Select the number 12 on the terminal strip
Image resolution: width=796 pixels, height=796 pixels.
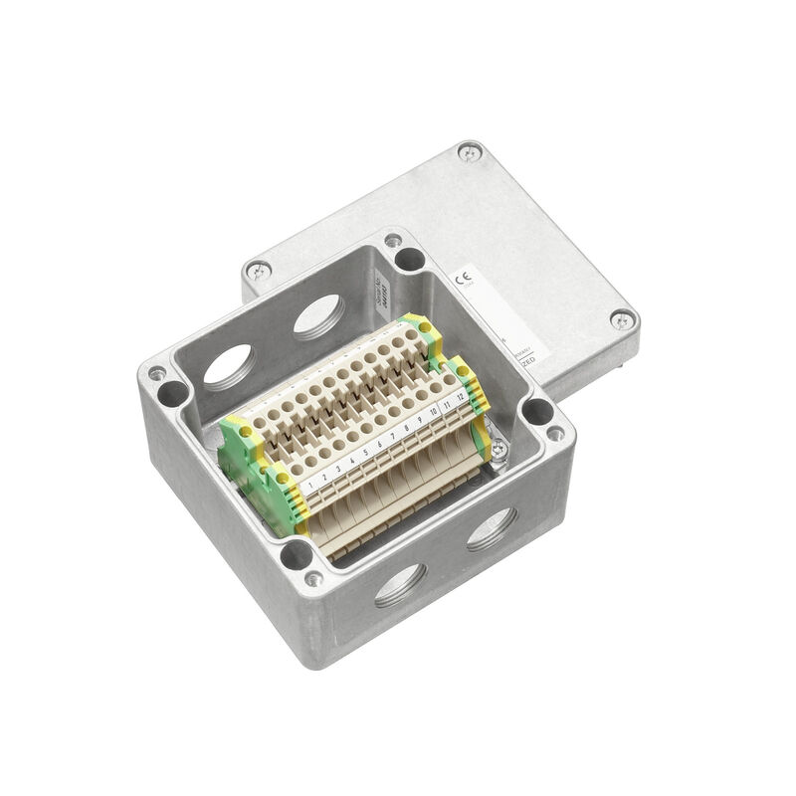pos(461,397)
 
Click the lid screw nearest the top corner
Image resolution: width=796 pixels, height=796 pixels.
pos(470,152)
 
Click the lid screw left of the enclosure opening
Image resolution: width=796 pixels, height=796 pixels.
pos(258,268)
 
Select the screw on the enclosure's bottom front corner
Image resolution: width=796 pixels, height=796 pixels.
pos(313,578)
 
